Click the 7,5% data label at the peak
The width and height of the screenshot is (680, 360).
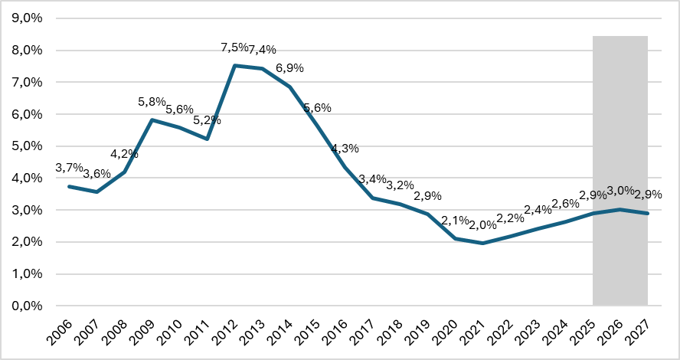(234, 47)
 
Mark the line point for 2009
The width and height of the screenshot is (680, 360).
(152, 119)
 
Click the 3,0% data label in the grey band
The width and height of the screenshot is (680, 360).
(621, 191)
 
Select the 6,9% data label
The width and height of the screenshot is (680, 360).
(289, 68)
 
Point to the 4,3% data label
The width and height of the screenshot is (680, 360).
(345, 149)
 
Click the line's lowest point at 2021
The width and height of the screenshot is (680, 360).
(482, 243)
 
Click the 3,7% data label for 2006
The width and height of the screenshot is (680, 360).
(70, 168)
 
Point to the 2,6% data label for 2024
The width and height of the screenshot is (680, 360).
(566, 204)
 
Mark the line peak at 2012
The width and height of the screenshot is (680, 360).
(235, 66)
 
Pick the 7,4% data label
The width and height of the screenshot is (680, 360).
(263, 50)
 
